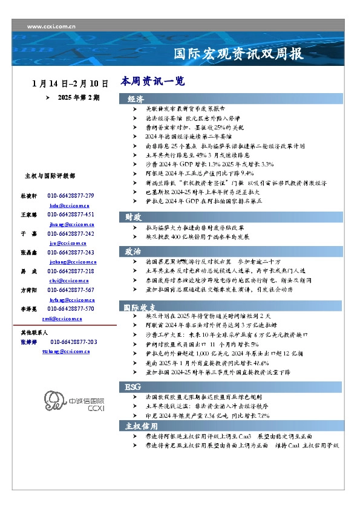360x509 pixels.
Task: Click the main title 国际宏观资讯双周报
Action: click(x=238, y=54)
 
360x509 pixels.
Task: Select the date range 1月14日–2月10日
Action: click(x=70, y=83)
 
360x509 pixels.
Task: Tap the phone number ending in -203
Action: click(x=74, y=342)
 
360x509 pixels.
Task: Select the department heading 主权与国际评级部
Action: click(x=50, y=176)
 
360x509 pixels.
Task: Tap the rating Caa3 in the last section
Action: click(x=247, y=436)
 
